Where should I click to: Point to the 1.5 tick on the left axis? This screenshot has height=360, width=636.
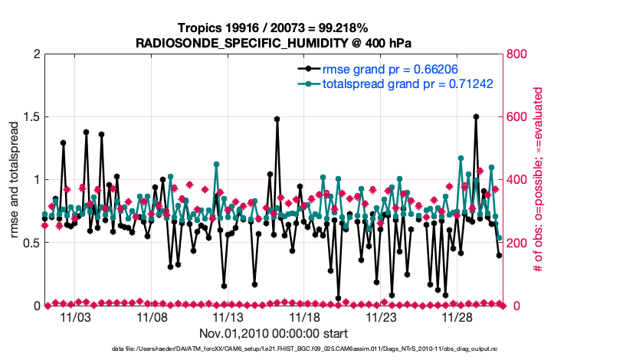pyautogui.click(x=28, y=117)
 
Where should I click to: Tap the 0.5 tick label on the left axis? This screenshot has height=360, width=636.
pyautogui.click(x=28, y=243)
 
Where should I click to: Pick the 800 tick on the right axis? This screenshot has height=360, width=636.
pyautogui.click(x=517, y=54)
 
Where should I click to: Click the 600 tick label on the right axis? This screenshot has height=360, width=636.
pyautogui.click(x=517, y=117)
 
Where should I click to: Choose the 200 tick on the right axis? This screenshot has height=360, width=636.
pyautogui.click(x=517, y=243)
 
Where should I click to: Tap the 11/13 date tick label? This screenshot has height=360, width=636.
pyautogui.click(x=228, y=316)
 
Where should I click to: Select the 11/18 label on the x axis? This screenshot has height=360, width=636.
pyautogui.click(x=305, y=316)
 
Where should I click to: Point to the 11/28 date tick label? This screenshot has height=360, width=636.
pyautogui.click(x=458, y=316)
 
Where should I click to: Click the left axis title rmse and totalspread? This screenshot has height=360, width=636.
pyautogui.click(x=13, y=180)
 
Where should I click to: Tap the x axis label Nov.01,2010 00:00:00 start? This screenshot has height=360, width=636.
pyautogui.click(x=273, y=333)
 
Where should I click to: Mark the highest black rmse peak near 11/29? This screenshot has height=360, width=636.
pyautogui.click(x=476, y=117)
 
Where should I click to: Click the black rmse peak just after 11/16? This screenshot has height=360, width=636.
pyautogui.click(x=277, y=119)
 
